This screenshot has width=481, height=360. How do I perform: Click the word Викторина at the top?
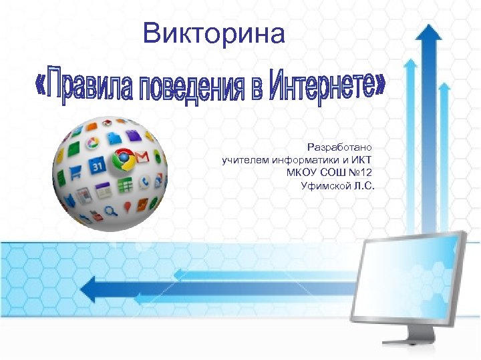tap(214, 33)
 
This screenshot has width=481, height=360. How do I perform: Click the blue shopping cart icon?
tap(75, 172)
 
